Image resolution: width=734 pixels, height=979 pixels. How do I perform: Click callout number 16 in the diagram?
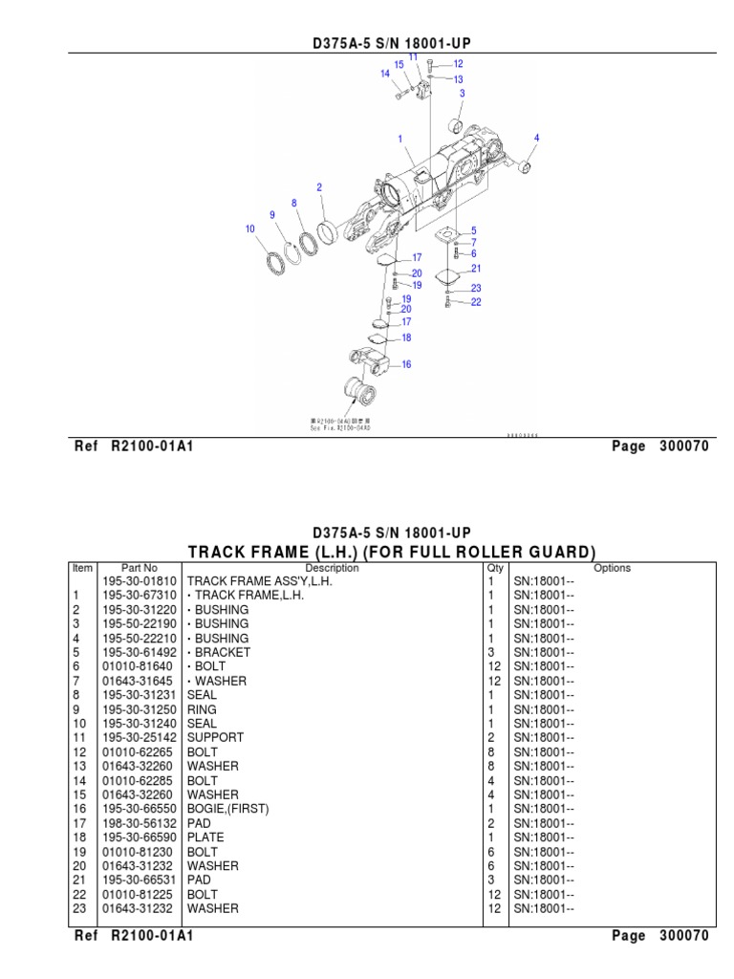pos(406,364)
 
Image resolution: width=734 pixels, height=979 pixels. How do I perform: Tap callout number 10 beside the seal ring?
pos(250,228)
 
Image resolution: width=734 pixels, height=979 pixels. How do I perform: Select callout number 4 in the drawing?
pos(537,138)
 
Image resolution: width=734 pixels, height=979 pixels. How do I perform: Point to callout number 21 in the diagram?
pos(475,269)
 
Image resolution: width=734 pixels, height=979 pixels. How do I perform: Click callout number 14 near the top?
pos(385,73)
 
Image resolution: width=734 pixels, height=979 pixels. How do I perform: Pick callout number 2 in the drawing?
pos(319,187)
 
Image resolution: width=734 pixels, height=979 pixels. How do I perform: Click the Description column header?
pos(332,568)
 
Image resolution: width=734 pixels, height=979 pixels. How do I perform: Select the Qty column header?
pos(495,568)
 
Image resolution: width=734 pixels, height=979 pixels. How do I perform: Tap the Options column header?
pos(612,568)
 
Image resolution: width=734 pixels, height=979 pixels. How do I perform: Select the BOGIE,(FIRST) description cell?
pos(228,809)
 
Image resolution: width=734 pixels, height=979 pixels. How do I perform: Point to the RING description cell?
pos(202,709)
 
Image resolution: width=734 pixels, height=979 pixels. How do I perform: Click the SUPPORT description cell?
pos(215,737)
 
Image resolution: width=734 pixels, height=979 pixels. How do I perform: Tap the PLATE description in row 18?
pos(205,838)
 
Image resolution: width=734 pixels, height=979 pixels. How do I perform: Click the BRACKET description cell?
pos(221,652)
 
